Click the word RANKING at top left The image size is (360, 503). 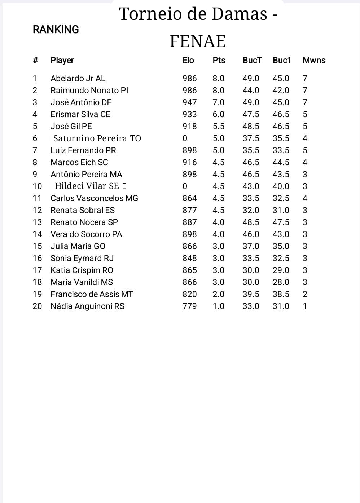pos(56,30)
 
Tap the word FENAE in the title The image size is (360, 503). pos(197,41)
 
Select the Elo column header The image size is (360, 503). pos(188,60)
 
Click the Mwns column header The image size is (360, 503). pos(314,60)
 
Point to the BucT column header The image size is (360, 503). pos(252,60)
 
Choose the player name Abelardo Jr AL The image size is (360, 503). pos(78,78)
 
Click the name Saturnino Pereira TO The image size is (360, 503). pos(97,138)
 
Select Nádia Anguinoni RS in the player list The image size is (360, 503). pos(87,306)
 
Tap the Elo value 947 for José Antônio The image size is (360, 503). pos(189,102)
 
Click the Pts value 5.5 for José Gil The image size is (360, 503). pos(218,126)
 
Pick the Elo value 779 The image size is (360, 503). pos(189,306)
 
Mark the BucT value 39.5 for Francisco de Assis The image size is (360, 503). pos(251,294)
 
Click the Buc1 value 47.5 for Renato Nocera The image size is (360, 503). pos(281,222)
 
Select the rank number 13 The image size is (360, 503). pos(37,222)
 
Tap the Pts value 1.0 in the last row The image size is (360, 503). pos(218,306)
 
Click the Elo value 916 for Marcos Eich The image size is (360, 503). pos(189,162)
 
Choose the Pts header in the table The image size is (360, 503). pos(219,60)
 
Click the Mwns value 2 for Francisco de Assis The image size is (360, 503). pos(305,294)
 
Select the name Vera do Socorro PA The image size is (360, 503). pos(86,234)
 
